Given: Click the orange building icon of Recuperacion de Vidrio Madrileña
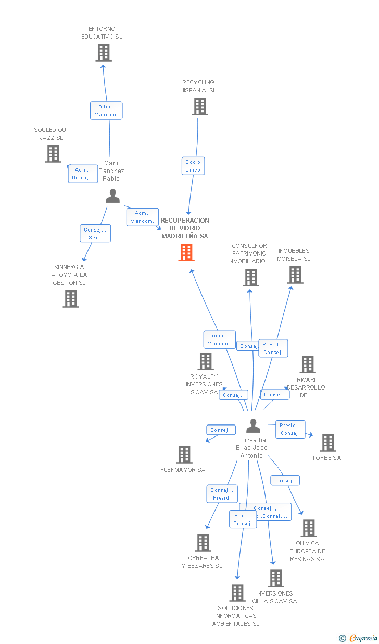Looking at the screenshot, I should pos(186,252).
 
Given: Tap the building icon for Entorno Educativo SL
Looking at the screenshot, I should pos(104,53).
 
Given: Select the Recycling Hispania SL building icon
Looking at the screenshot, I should pos(199,106).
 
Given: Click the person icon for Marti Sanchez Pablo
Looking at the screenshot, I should pos(112,196).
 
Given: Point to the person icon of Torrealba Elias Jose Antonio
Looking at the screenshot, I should pos(253,426).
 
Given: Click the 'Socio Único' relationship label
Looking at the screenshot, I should pos(193,166).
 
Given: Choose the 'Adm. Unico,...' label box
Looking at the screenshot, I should pos(83,174).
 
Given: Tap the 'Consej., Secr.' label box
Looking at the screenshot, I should pos(95,234).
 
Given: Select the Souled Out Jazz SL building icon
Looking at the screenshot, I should pos(53,154).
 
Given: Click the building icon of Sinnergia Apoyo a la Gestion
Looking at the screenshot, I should pos(71,299).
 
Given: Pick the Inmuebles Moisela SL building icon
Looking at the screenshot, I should pos(295,275).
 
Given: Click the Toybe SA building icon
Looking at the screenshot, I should pos(327,443).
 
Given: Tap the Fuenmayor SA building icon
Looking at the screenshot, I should pos(184,455).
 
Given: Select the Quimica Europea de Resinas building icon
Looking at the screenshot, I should pos(308,528).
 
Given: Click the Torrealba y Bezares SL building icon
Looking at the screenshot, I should pos(203,543).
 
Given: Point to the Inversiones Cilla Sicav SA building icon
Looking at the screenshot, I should pos(276,578).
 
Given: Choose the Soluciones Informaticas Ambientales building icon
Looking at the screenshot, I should pos(237,593).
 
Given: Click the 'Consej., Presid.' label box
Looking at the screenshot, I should pos(221,494).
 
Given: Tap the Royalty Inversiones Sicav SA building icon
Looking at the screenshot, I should pos(206,361).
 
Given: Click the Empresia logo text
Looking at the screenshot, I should pos(363,638).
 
